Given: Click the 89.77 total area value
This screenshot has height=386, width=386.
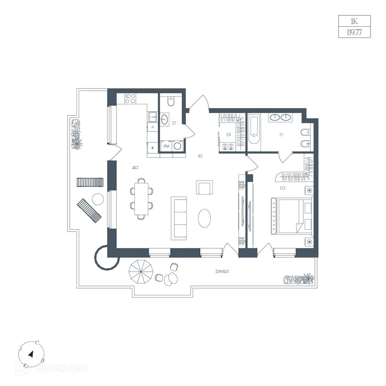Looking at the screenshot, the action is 354,32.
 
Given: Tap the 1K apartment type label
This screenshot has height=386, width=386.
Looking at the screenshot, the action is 354,21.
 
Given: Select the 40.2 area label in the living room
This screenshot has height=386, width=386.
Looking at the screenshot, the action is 135,168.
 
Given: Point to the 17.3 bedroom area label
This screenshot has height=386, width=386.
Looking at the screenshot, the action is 282,188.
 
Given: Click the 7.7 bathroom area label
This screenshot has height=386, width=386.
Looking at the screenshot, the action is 281,135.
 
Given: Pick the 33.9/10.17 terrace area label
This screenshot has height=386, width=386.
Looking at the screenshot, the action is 222,271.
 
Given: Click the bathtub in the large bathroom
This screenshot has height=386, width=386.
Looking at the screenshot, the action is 254,129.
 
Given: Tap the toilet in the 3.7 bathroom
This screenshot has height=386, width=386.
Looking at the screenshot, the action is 171,102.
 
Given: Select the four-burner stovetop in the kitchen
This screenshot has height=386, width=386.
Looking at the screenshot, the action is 130,98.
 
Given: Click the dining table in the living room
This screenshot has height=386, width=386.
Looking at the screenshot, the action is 142,199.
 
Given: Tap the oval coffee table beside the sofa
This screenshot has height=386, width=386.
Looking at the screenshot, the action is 204,218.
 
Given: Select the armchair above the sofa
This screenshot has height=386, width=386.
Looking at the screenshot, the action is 204,187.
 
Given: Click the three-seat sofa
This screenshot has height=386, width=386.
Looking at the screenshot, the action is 179,218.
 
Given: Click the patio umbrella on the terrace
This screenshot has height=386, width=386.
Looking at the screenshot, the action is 141,271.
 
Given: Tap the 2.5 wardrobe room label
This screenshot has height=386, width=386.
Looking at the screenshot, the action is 228,134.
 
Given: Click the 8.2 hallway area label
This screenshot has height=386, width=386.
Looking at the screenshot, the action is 200,156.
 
